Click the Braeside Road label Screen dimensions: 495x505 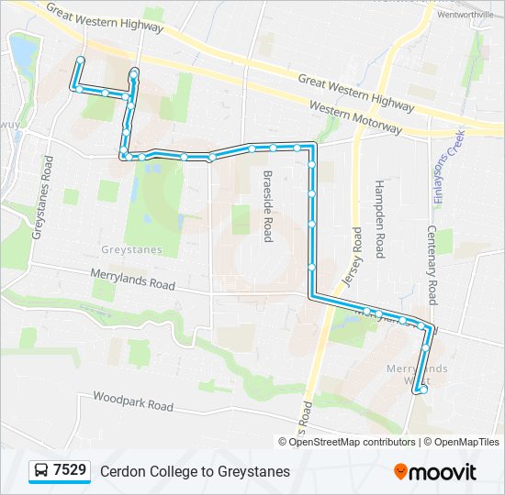tap(268, 205)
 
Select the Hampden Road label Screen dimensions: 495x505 tap(378, 218)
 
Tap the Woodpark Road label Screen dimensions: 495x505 tap(132, 401)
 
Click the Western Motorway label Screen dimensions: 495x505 tap(355, 117)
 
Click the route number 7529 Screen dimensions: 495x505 tap(70, 471)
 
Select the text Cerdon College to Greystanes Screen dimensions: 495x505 tap(195, 471)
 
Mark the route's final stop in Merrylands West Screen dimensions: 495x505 tap(423, 390)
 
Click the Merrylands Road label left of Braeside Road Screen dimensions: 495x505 tap(132, 279)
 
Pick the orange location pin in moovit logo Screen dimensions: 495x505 tap(400, 472)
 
